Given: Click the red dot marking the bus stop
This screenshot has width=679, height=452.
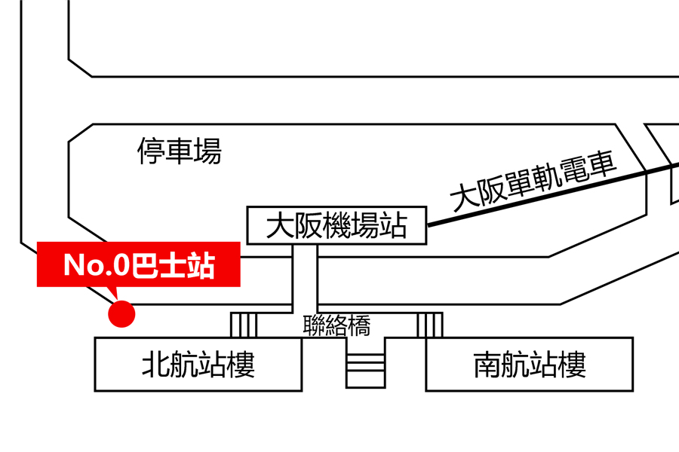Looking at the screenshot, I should pyautogui.click(x=121, y=314).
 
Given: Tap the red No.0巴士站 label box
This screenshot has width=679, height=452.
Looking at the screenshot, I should pyautogui.click(x=139, y=264).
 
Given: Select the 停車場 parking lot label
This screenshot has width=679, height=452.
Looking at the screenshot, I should pyautogui.click(x=180, y=151).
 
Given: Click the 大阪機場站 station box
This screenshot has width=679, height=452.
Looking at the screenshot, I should pyautogui.click(x=337, y=225).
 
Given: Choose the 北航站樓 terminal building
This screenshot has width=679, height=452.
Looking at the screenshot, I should pyautogui.click(x=198, y=365).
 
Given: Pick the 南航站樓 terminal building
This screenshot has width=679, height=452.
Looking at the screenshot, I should pyautogui.click(x=529, y=365).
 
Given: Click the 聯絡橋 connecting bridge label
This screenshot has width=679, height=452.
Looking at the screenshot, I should pyautogui.click(x=336, y=325).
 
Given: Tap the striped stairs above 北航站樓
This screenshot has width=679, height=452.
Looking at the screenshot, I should pyautogui.click(x=244, y=325).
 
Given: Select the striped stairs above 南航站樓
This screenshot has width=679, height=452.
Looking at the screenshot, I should pyautogui.click(x=430, y=325).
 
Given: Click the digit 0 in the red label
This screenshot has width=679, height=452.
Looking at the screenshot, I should pyautogui.click(x=119, y=265).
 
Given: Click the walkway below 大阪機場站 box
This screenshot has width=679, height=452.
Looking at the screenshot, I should pyautogui.click(x=305, y=275).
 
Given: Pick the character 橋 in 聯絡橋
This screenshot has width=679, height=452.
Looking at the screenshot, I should pyautogui.click(x=359, y=325).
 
